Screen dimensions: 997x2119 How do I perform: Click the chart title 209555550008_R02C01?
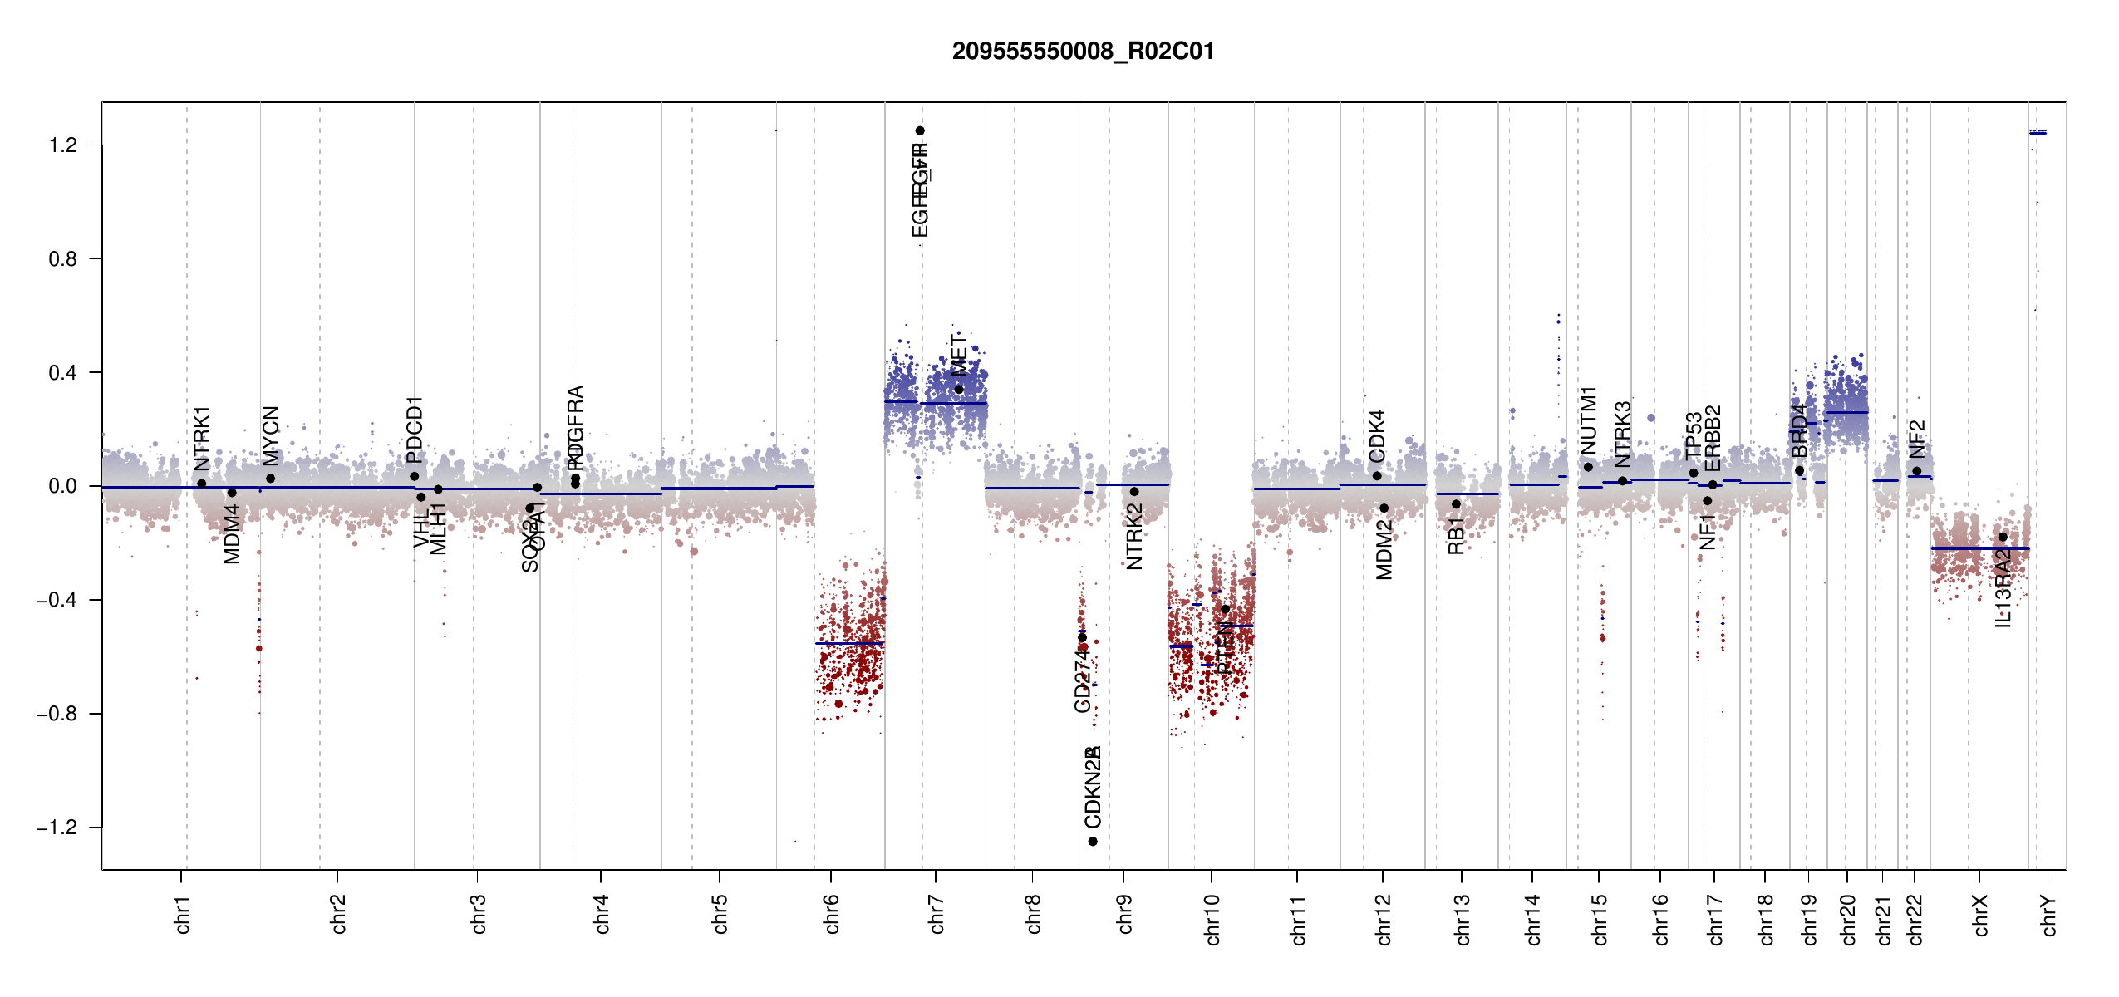[1083, 52]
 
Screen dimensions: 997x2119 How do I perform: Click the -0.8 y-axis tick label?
[57, 714]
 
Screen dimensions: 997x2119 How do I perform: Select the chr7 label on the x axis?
[937, 914]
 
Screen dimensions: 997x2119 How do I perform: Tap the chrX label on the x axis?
[1980, 915]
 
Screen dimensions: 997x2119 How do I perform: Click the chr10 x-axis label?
[1212, 919]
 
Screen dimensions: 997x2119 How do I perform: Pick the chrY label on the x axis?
[2048, 915]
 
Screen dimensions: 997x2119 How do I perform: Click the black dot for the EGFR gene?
[920, 130]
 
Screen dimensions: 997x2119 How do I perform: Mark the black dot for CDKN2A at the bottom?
[1093, 842]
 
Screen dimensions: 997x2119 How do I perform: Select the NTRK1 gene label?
[202, 439]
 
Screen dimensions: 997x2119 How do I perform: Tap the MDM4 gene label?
[233, 533]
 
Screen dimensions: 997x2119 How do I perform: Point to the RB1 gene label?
[1456, 536]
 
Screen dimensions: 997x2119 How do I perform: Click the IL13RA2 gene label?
[2003, 587]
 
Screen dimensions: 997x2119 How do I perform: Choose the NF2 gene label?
[1917, 439]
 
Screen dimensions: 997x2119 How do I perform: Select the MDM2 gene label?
[1384, 549]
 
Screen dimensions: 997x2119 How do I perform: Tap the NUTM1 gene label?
[1589, 420]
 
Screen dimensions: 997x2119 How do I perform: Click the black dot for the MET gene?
[959, 389]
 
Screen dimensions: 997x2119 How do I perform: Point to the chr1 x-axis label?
[182, 914]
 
